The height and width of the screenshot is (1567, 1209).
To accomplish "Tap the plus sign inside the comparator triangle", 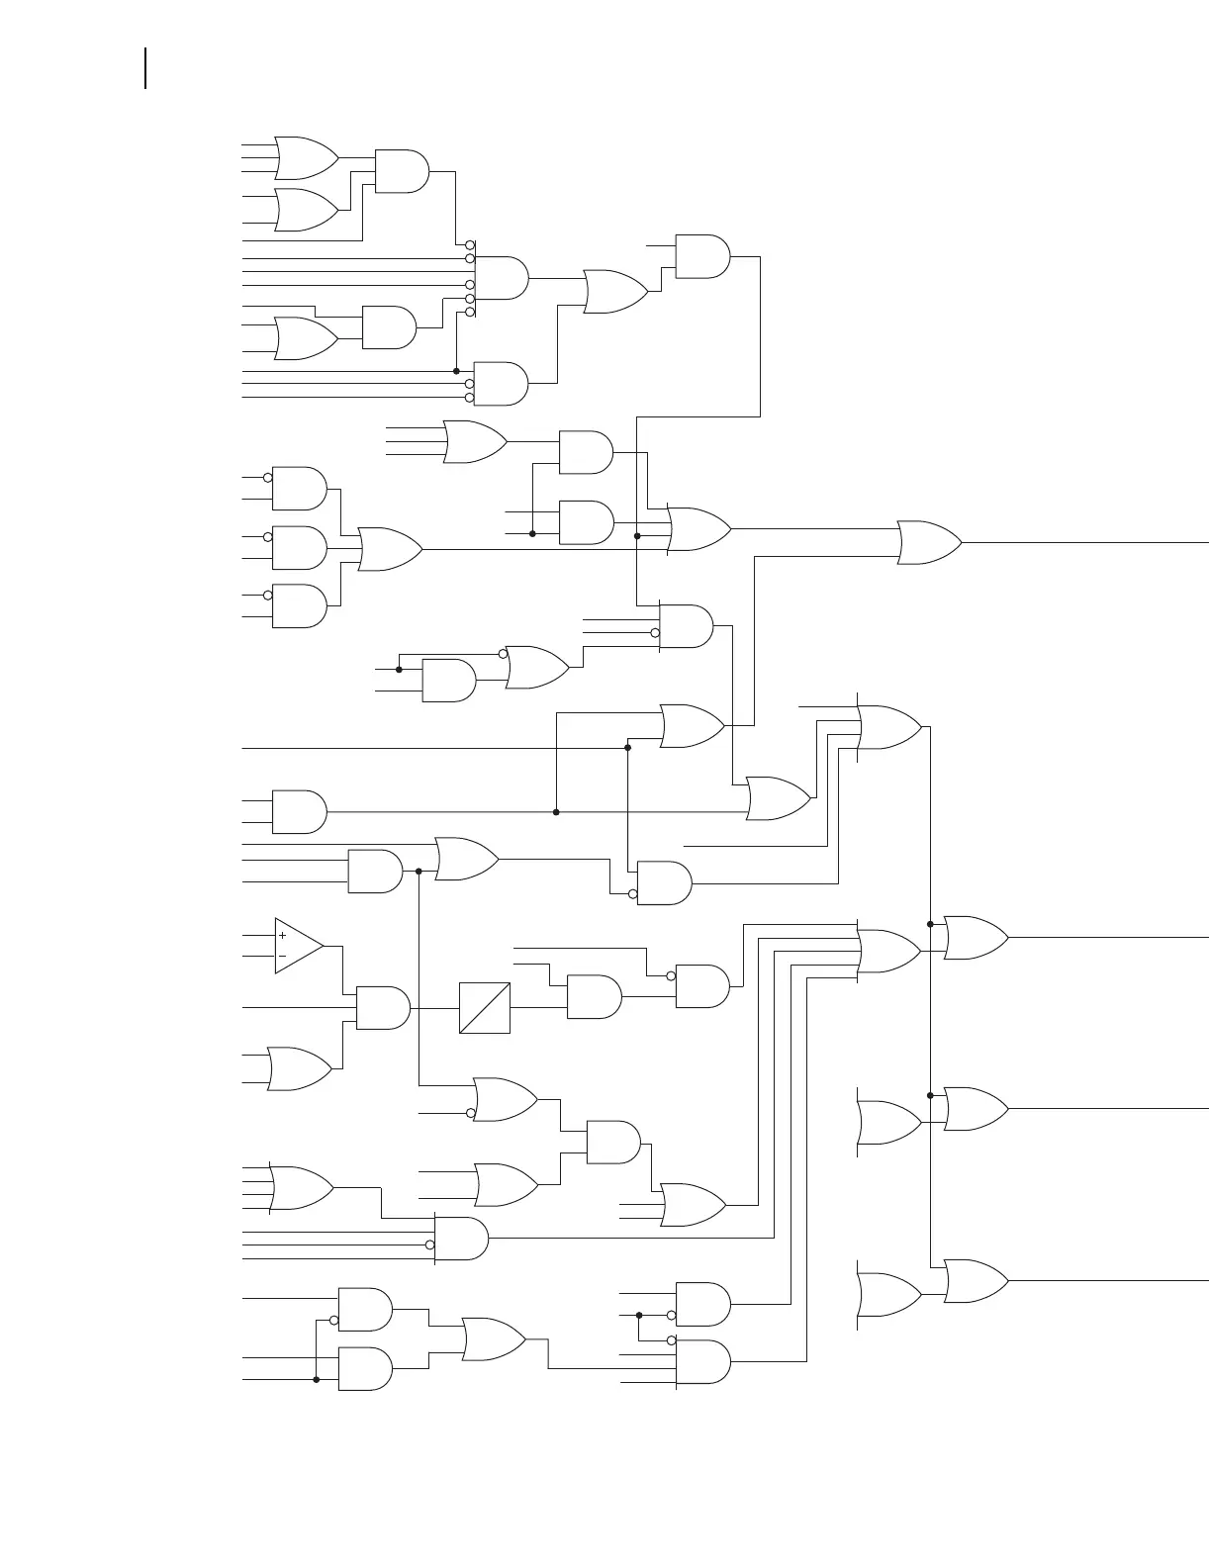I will click(282, 935).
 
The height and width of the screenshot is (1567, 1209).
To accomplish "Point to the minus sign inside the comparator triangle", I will click(282, 957).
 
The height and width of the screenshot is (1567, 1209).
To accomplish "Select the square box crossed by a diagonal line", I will click(485, 1008).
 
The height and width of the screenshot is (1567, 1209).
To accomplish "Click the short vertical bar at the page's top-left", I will click(146, 68).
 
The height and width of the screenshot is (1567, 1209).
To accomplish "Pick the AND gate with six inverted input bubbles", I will click(502, 278).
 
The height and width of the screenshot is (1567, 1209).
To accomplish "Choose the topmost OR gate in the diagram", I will click(306, 158).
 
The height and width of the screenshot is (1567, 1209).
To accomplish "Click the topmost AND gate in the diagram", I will click(402, 171).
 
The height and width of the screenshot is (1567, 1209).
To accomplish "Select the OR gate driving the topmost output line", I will click(928, 543).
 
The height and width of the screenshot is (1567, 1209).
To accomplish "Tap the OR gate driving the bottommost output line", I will click(976, 1281).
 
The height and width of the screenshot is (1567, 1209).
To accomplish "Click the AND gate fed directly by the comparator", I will click(382, 1007).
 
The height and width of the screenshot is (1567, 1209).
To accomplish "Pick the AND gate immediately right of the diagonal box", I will click(594, 997).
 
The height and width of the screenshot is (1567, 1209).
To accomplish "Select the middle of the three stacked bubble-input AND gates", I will click(299, 548).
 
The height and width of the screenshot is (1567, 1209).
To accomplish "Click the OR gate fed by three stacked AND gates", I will click(390, 549).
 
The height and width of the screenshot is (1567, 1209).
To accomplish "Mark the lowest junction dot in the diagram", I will click(317, 1379).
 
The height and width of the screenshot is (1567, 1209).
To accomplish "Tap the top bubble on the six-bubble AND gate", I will click(470, 244).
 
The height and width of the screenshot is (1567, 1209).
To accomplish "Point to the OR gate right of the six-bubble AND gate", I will click(615, 292).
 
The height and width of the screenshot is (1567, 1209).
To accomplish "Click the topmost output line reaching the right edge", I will click(1088, 543).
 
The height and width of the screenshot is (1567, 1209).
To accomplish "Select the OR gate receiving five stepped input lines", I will click(888, 952).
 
